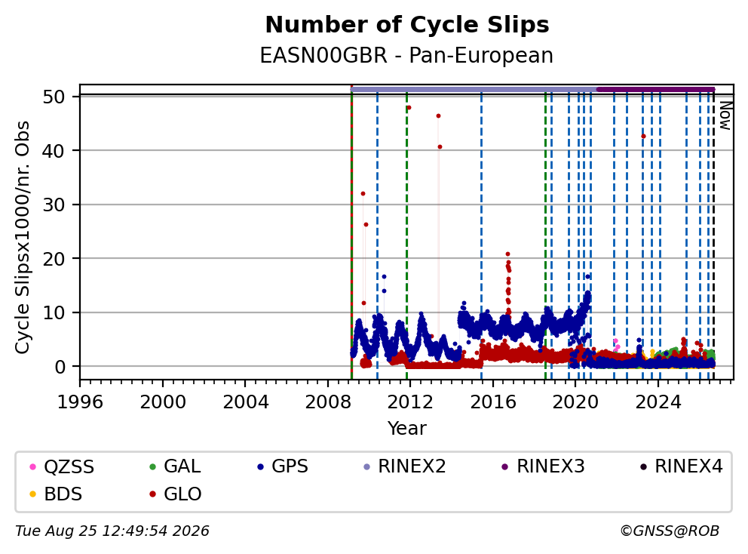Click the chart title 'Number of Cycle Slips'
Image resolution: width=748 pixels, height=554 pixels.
(x=407, y=25)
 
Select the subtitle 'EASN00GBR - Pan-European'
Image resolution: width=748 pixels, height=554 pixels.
(x=406, y=55)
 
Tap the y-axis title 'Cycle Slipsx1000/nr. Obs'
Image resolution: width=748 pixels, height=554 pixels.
(x=23, y=237)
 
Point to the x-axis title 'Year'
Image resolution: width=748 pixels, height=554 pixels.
(x=407, y=428)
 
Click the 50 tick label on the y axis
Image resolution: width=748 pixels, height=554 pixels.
(x=54, y=97)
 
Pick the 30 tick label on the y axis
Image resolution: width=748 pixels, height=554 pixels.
(x=54, y=205)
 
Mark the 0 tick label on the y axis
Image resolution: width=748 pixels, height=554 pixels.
(x=60, y=367)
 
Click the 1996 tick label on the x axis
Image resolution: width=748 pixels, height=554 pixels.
(x=80, y=402)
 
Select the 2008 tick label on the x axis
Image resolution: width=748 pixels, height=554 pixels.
(x=328, y=402)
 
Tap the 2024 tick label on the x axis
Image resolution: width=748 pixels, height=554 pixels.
(x=658, y=402)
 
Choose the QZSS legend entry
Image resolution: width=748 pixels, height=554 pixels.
(x=62, y=466)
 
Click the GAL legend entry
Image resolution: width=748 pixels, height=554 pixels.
(x=175, y=466)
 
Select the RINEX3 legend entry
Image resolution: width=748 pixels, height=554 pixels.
(x=544, y=466)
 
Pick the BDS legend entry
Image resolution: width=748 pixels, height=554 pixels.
(x=56, y=494)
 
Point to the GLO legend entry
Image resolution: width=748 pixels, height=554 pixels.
(x=176, y=494)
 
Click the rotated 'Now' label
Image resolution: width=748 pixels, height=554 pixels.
(x=725, y=115)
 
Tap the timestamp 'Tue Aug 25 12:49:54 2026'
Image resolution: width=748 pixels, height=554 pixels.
(x=112, y=531)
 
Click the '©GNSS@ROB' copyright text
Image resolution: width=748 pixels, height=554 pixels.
(x=670, y=531)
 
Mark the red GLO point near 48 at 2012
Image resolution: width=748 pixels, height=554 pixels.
(x=409, y=108)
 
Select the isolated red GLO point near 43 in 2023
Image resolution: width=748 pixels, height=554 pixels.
(x=643, y=136)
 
